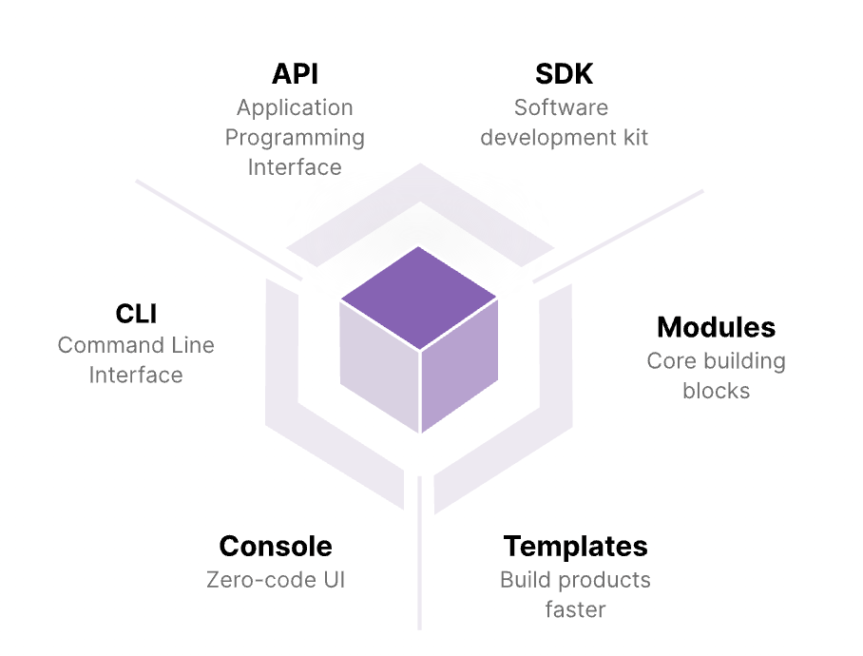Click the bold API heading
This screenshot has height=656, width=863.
pyautogui.click(x=295, y=74)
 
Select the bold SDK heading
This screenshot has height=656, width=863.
pyautogui.click(x=565, y=74)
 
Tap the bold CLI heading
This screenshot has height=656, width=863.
pyautogui.click(x=136, y=313)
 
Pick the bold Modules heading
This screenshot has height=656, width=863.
pyautogui.click(x=716, y=328)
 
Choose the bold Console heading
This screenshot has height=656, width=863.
pyautogui.click(x=276, y=547)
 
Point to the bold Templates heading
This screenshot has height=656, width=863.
pyautogui.click(x=575, y=547)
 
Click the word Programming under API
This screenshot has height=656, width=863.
pyautogui.click(x=295, y=138)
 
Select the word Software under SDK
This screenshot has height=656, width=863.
pyautogui.click(x=561, y=107)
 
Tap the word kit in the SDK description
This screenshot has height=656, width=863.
pyautogui.click(x=631, y=138)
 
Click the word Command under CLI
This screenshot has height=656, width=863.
pyautogui.click(x=102, y=345)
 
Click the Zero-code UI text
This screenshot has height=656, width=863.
pyautogui.click(x=276, y=579)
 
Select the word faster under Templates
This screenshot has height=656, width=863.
pyautogui.click(x=575, y=609)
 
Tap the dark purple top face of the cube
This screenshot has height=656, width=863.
pyautogui.click(x=419, y=290)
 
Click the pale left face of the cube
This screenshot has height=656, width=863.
pyautogui.click(x=378, y=366)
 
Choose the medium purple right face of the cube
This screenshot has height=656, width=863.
pyautogui.click(x=460, y=366)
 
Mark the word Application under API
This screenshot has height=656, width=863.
pyautogui.click(x=295, y=107)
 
